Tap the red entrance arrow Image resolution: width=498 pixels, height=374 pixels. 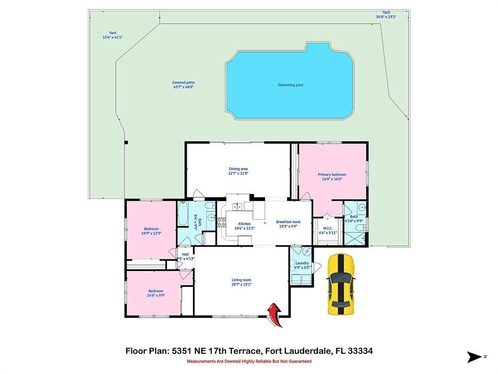tap(275, 314)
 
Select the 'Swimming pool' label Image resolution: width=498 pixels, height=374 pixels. tap(290, 85)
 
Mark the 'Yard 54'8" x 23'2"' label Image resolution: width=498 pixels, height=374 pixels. tap(386, 15)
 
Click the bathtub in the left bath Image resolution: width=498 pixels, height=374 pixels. tap(182, 215)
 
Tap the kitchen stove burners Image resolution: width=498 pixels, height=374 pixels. tap(221, 223)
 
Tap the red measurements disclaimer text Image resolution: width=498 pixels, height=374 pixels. tap(249, 361)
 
